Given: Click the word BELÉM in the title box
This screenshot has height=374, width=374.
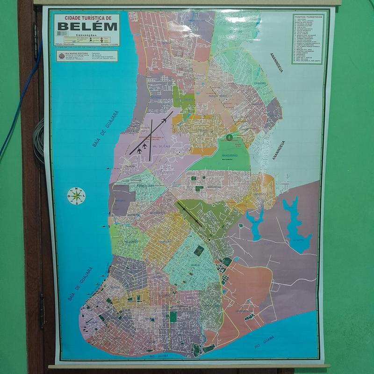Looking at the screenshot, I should (86, 26).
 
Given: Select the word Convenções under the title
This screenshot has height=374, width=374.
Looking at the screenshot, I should (86, 36).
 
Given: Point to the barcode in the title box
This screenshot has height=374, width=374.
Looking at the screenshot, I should (62, 33).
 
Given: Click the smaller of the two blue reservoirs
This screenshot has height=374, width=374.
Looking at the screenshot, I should (255, 223).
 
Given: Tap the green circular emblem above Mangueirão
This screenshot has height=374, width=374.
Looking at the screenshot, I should (229, 137).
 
